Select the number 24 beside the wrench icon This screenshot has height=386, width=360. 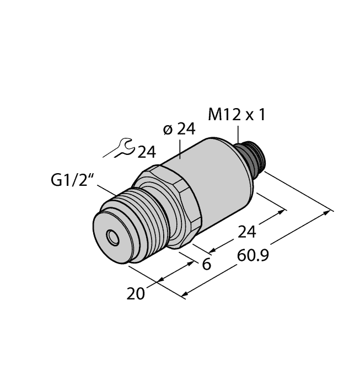[x=146, y=152]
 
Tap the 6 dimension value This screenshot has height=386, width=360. [x=207, y=264]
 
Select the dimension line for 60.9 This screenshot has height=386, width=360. [x=259, y=254]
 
